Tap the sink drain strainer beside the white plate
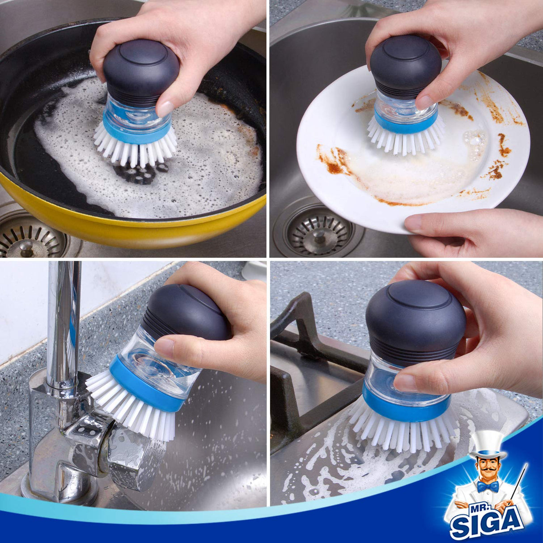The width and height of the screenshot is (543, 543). tap(318, 231)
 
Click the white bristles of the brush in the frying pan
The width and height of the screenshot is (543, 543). tap(134, 148)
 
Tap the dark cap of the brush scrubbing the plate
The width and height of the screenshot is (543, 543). tap(405, 63)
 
